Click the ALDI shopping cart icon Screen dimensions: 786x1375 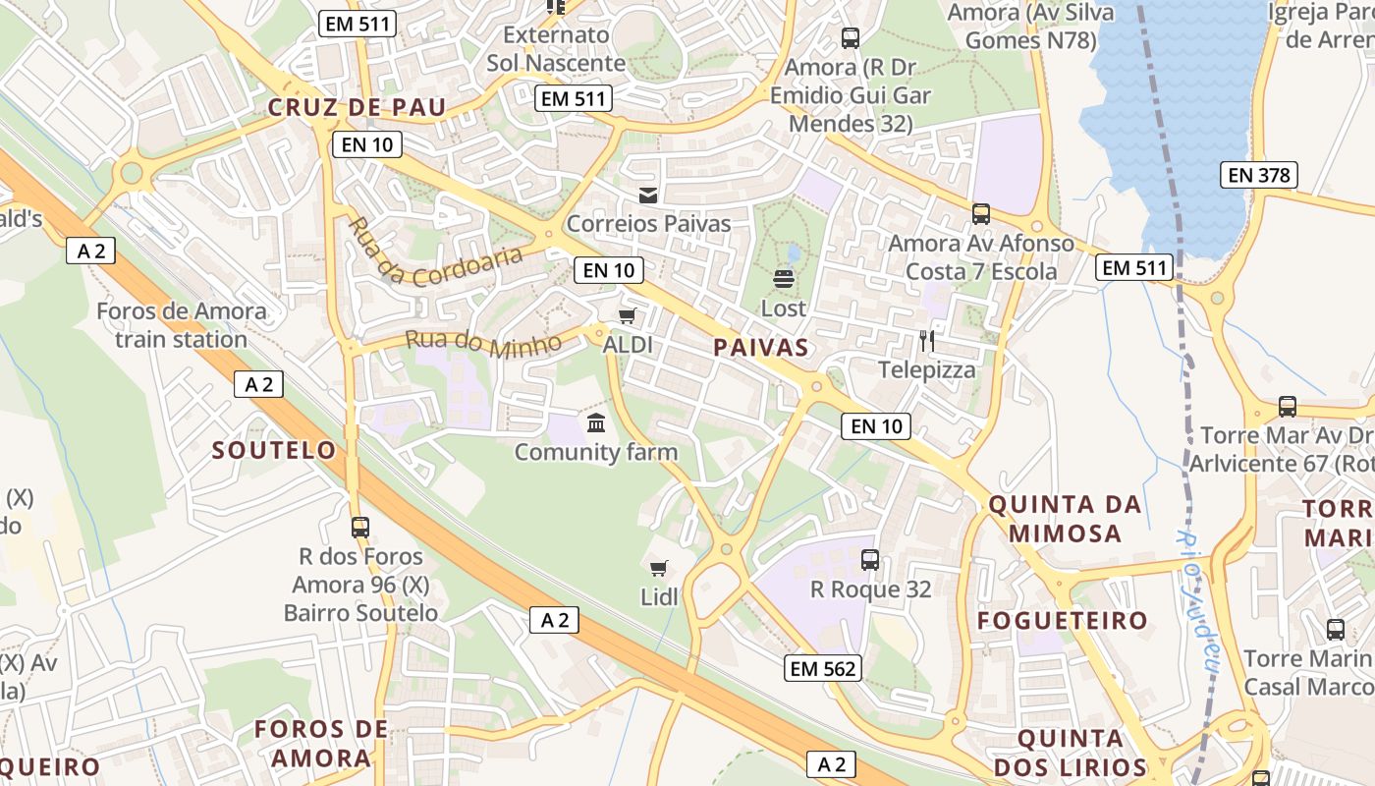627,316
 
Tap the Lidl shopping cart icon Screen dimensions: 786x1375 659,568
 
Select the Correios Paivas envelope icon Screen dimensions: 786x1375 648,195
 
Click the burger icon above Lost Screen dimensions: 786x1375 784,279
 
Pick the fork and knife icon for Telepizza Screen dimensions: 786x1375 926,341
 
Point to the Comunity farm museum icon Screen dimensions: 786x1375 596,423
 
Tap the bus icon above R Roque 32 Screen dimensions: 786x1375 870,560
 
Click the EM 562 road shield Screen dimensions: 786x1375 823,669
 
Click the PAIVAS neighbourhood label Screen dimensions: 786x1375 762,347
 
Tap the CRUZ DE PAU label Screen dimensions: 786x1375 357,107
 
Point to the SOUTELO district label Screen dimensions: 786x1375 275,450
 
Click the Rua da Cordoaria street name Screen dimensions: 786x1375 435,253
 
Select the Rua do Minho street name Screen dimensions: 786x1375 483,343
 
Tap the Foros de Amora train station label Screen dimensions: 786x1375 181,325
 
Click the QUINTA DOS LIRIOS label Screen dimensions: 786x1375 1070,753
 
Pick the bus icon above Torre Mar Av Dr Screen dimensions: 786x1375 1288,406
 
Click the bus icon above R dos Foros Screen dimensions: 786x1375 360,527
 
